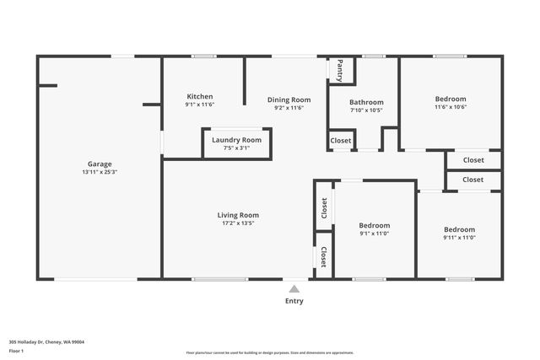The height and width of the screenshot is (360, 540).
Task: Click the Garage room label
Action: (100, 164)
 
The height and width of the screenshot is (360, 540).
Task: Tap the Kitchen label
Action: (200, 96)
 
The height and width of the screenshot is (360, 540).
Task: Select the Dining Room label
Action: (289, 99)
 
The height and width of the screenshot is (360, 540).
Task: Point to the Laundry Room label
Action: (236, 139)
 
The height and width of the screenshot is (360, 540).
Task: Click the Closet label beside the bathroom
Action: (341, 140)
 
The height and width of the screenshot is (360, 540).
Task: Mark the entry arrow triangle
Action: (294, 287)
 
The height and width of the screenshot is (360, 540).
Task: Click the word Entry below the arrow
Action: (294, 301)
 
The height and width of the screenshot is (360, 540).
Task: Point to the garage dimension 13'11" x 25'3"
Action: (100, 172)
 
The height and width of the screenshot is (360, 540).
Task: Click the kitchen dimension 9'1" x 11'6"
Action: (200, 105)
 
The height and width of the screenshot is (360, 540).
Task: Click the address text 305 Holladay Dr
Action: (46, 341)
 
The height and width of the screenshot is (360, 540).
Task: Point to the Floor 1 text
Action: (18, 350)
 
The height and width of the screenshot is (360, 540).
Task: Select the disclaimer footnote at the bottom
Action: (270, 352)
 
